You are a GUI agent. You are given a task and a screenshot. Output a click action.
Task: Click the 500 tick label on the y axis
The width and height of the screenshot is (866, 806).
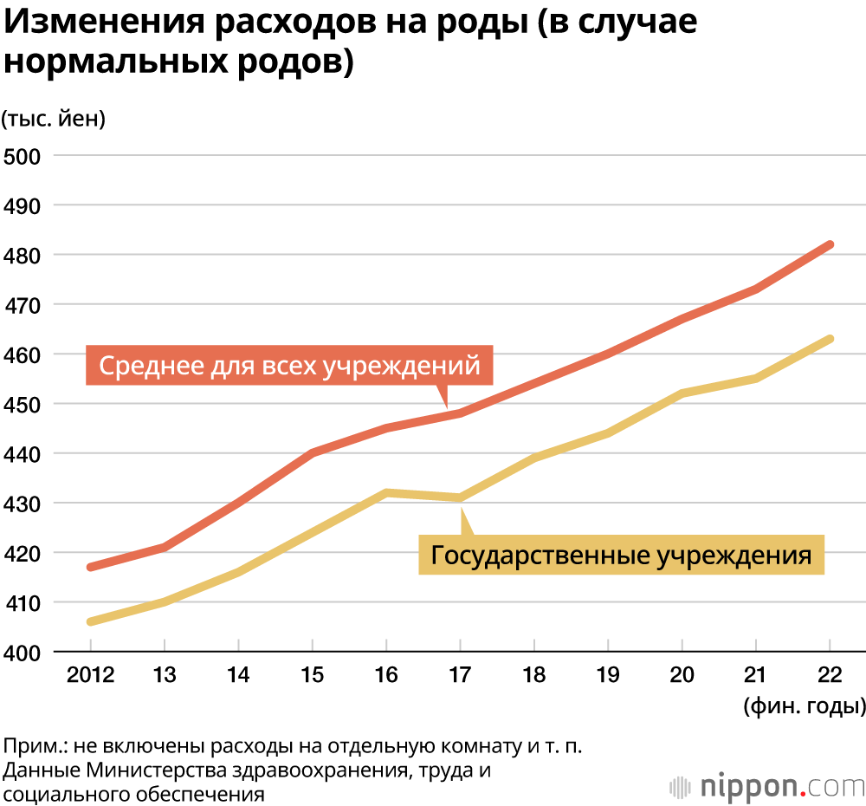coord(23,156)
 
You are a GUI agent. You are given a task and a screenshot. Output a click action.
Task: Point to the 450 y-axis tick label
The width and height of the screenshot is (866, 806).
coord(23,404)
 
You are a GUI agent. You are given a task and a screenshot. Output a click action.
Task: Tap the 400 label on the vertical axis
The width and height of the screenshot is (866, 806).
coord(23,652)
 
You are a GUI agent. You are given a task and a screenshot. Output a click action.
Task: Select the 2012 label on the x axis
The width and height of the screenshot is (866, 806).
coord(90,675)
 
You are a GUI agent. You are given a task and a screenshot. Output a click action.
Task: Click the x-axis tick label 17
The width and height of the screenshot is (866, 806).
coord(460,675)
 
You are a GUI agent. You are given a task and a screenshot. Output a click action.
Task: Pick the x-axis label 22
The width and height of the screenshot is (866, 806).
coord(830,675)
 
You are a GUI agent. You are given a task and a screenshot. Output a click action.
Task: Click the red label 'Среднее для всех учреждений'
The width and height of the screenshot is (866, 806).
coord(289,366)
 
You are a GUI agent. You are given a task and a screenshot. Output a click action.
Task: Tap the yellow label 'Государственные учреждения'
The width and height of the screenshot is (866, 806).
coord(621,555)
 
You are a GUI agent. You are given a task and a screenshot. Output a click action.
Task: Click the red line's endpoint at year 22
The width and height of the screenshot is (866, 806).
coord(830,244)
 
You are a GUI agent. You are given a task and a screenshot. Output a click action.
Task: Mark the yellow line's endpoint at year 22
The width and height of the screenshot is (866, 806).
coord(830,339)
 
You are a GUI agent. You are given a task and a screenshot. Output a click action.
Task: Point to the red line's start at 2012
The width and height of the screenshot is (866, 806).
coord(91,567)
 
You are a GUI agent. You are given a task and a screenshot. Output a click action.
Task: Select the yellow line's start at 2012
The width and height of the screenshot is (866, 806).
coord(91,621)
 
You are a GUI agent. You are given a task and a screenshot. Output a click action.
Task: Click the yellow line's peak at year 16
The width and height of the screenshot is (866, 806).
coord(386,492)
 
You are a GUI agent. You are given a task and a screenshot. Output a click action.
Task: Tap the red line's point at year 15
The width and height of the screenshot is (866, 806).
coord(313,452)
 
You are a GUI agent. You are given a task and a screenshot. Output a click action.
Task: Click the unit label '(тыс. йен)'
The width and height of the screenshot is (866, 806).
coord(54,119)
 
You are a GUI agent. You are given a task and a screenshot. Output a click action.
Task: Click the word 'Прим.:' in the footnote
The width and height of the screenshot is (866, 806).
coord(35,746)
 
